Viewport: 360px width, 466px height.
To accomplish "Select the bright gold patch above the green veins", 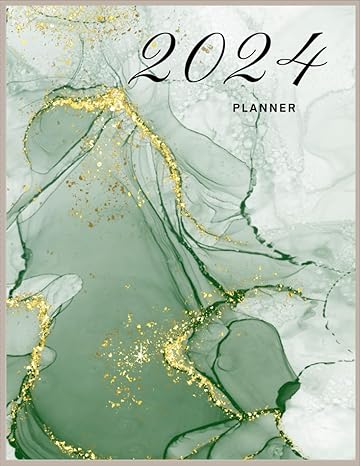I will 112,100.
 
